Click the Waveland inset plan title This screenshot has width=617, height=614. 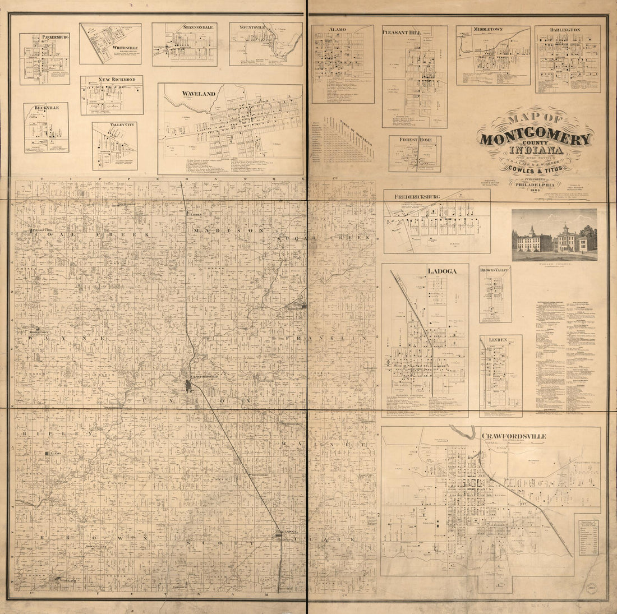[x=199, y=94]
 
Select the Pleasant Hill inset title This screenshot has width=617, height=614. [x=402, y=33]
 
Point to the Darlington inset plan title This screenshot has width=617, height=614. [x=565, y=29]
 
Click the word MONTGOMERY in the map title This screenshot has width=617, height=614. [x=536, y=138]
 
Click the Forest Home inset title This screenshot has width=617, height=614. [x=415, y=140]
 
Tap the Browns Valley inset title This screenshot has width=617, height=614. [x=495, y=270]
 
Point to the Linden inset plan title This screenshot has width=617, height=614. [x=498, y=340]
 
